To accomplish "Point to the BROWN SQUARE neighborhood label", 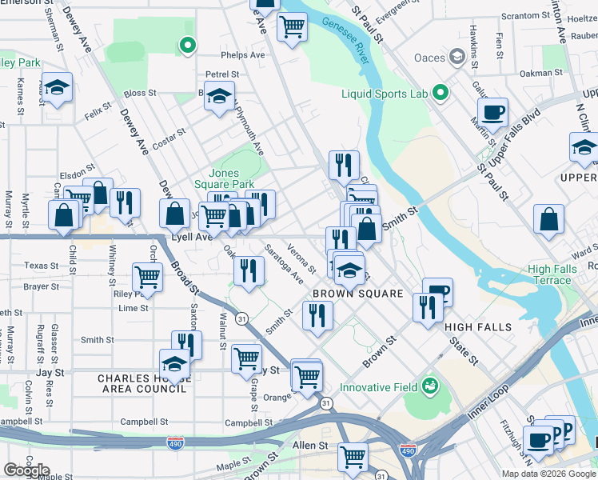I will [357, 294].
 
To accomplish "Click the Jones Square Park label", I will [234, 179].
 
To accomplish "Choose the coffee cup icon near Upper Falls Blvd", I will [492, 112].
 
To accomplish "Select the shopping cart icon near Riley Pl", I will [148, 277].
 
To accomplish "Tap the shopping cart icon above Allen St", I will [352, 457].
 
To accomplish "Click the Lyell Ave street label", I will [192, 237].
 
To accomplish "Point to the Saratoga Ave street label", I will [285, 264].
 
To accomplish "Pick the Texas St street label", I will [42, 266].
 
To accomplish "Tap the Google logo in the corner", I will [26, 470].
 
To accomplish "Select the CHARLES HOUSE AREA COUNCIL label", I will [142, 383].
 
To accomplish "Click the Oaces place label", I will [429, 57].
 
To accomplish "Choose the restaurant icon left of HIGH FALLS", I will [428, 306].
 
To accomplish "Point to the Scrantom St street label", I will [526, 16].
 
